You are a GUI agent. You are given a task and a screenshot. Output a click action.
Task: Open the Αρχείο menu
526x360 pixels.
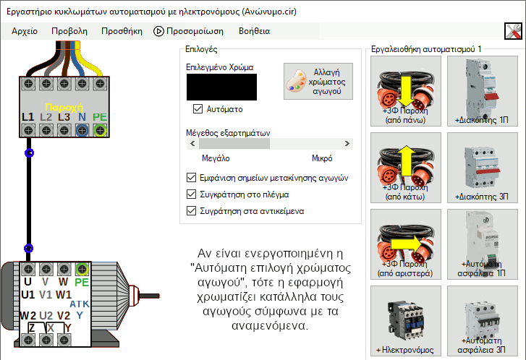pos(25,31)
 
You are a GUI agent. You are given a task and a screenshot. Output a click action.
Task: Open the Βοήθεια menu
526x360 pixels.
pos(254,31)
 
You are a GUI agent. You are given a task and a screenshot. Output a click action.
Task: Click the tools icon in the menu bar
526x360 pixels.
pos(513,31)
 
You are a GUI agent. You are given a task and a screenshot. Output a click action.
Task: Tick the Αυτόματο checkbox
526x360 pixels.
pos(198,109)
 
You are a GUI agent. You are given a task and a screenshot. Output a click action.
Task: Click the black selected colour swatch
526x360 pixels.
pos(221,87)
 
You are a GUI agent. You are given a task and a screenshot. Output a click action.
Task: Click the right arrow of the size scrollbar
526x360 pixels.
pos(347,143)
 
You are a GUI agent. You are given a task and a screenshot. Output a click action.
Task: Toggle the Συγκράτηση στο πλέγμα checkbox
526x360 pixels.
pos(191,194)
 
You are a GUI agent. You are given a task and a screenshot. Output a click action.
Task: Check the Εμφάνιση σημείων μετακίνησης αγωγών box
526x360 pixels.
pos(191,177)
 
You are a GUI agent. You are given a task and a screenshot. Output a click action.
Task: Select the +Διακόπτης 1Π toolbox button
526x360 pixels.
pos(483,91)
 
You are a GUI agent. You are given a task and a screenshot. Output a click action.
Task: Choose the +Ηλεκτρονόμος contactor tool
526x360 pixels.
pos(406,321)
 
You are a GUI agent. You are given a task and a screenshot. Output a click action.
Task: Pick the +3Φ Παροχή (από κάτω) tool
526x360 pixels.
pos(406,168)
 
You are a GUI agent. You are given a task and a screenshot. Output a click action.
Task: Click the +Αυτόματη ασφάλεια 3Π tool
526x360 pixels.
pos(483,321)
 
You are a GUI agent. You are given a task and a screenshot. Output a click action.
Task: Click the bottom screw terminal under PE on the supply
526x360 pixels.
pos(100,130)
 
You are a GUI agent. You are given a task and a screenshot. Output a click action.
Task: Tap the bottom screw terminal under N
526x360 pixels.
pos(82,130)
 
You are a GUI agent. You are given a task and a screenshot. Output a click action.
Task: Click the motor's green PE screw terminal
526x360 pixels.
pos(82,269)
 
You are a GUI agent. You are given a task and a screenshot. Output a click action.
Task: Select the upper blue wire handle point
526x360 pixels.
pos(29,153)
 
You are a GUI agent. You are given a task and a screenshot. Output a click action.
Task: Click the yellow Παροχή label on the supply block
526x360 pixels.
pos(64,107)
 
